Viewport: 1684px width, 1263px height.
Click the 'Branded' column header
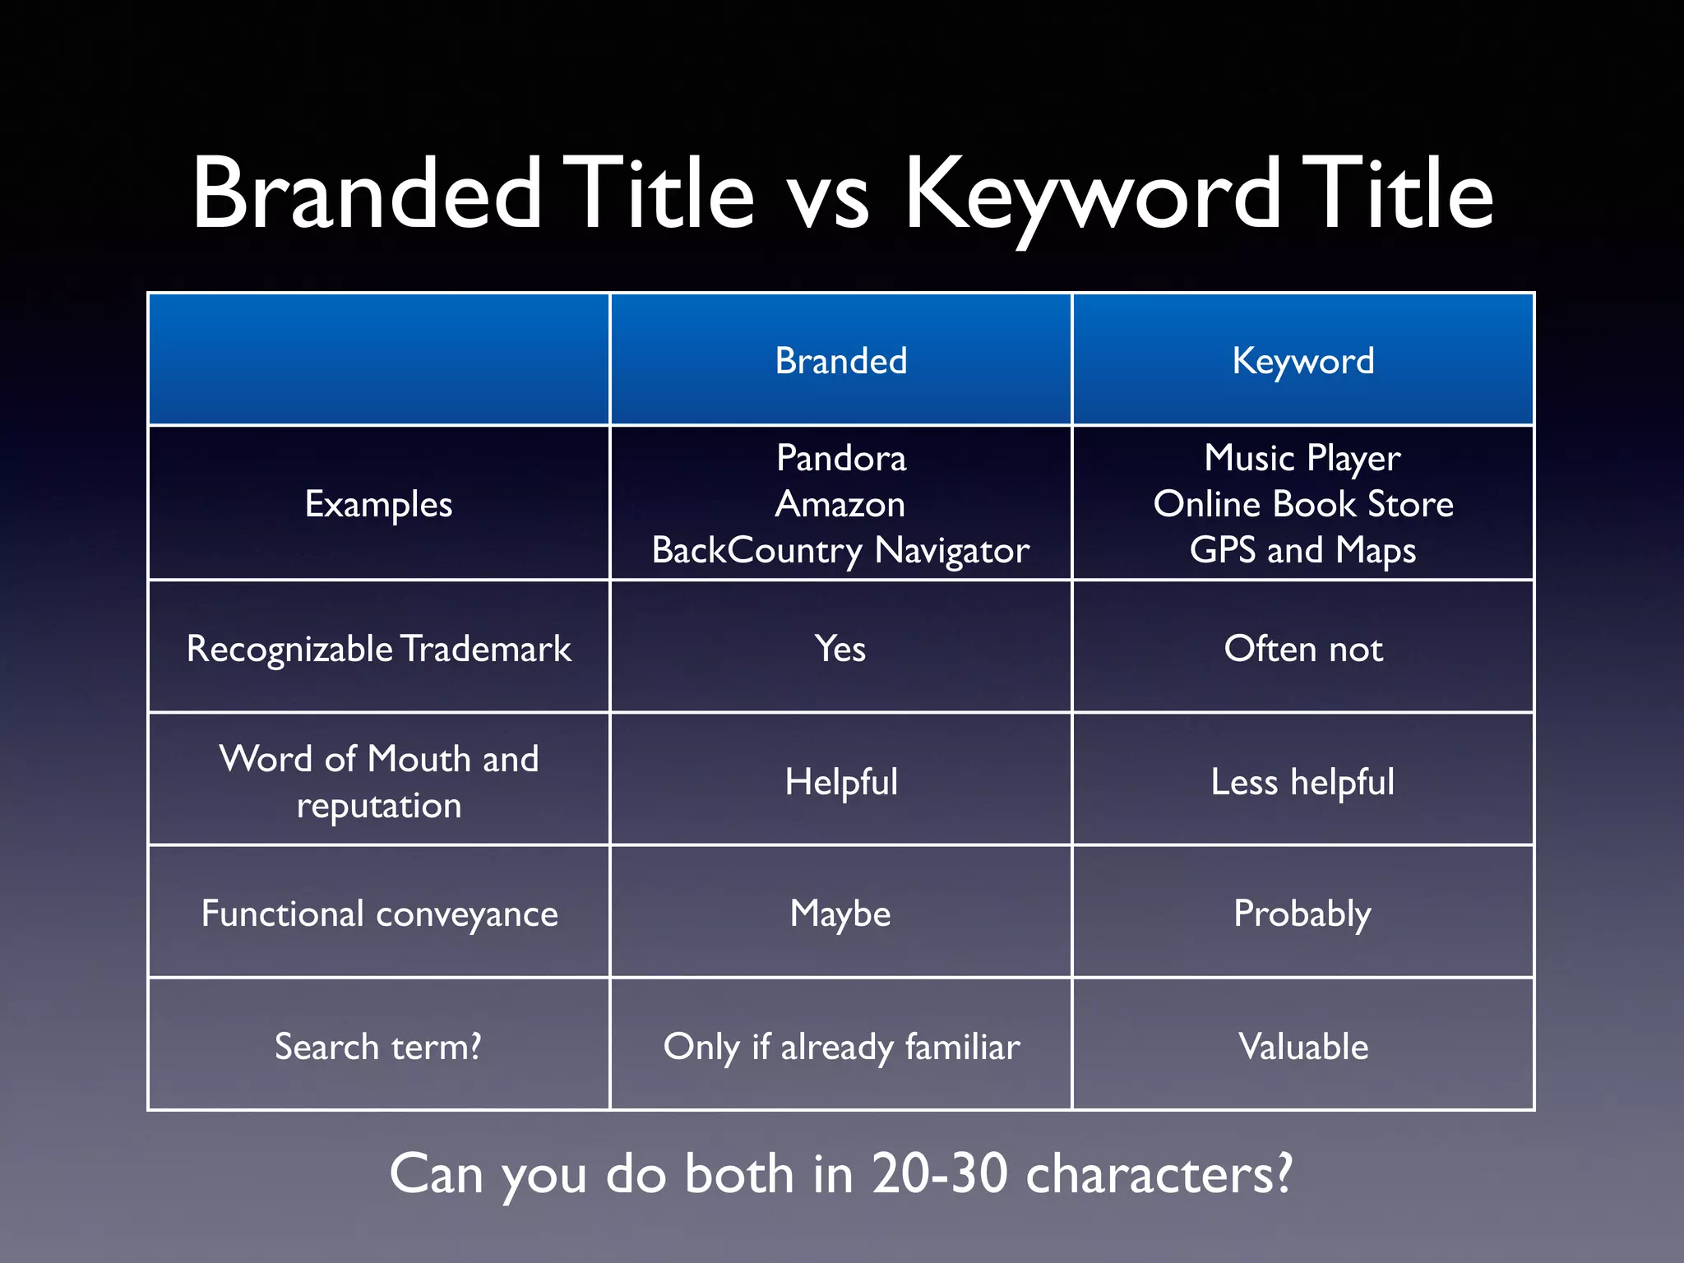click(840, 361)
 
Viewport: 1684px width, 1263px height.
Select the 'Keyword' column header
click(1302, 361)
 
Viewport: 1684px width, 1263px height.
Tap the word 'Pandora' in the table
click(840, 458)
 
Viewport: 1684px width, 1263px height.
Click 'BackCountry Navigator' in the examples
click(840, 550)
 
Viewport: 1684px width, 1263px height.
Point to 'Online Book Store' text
click(1302, 504)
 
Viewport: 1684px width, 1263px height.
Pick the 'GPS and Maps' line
click(1302, 550)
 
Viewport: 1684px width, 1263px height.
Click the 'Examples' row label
click(378, 504)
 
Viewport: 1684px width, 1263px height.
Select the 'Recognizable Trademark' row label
click(378, 649)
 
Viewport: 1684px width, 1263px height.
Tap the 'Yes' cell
click(840, 649)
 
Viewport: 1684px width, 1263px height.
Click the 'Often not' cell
click(1302, 649)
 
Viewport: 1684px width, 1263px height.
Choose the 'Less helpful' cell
click(1302, 782)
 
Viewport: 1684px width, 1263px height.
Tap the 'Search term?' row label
click(378, 1047)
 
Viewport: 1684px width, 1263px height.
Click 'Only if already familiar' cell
click(840, 1047)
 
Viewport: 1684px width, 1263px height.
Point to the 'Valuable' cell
click(1302, 1047)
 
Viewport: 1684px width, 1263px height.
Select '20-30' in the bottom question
click(938, 1173)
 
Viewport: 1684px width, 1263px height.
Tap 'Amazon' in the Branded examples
click(840, 504)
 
